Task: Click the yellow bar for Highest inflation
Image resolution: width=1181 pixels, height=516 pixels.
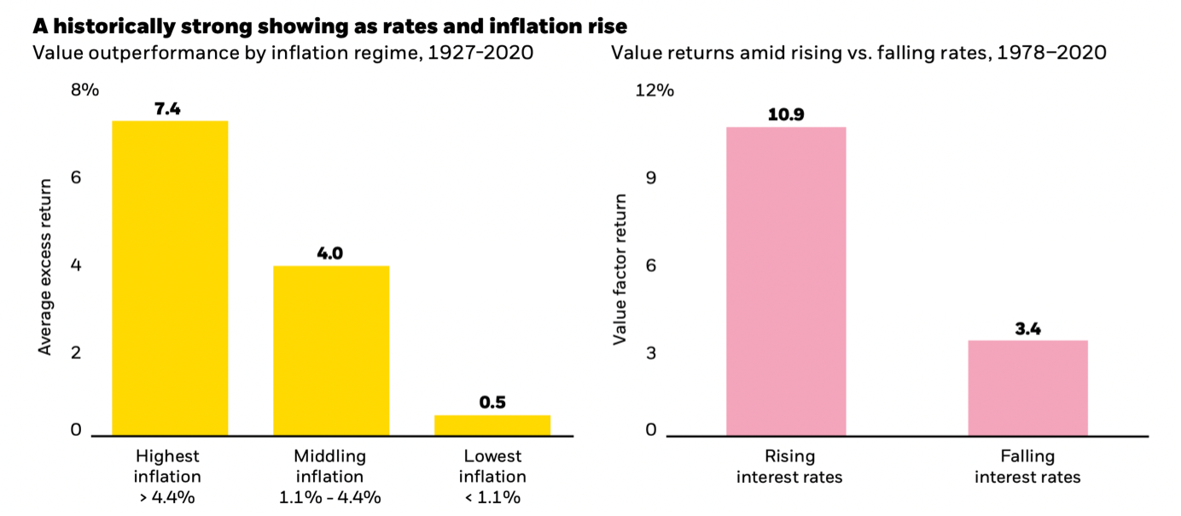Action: point(170,278)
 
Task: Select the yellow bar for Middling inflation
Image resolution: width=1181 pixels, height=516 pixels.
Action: point(331,351)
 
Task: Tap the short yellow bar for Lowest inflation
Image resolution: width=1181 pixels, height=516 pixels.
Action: point(492,425)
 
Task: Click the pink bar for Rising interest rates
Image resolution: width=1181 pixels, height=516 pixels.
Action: point(786,281)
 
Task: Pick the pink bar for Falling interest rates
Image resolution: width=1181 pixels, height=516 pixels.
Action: point(1027,388)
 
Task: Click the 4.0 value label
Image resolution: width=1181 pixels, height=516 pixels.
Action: point(331,253)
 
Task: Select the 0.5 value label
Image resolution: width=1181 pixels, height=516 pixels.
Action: point(492,402)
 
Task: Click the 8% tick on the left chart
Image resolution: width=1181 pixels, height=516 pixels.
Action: point(85,90)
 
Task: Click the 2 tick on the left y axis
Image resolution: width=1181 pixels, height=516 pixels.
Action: point(76,352)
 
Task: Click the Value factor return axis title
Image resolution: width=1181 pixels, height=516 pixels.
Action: point(620,270)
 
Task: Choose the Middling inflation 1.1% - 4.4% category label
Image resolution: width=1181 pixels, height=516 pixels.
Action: point(331,477)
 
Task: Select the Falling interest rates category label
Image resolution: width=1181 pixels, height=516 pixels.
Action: point(1027,467)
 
